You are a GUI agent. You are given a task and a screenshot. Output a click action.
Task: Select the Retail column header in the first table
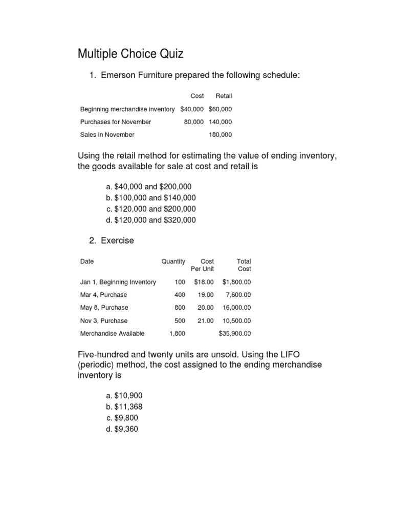[224, 96]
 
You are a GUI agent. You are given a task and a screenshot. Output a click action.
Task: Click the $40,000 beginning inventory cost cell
[192, 109]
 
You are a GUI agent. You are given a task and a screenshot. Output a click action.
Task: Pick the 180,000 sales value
[220, 135]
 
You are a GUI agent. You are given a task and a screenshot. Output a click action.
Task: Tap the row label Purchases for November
[116, 122]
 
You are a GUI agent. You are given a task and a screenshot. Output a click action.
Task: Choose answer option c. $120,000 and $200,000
[151, 209]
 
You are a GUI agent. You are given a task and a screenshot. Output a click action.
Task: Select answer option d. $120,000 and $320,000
[151, 220]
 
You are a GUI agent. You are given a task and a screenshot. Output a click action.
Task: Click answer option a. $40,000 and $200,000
[149, 187]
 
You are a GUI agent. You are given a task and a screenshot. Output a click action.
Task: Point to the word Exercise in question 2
[117, 240]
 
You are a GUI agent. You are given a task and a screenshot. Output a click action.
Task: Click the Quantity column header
[173, 261]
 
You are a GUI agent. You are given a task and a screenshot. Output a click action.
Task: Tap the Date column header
[87, 261]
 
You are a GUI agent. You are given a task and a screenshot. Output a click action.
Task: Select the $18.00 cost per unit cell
[204, 282]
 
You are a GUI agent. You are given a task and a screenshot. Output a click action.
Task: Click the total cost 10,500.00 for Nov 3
[236, 320]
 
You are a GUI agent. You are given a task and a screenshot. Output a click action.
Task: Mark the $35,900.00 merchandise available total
[235, 333]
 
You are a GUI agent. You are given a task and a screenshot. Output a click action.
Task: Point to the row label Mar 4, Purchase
[104, 295]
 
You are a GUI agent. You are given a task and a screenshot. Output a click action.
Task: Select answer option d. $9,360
[122, 429]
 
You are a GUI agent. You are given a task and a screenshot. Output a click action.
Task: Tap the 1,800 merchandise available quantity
[177, 333]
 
